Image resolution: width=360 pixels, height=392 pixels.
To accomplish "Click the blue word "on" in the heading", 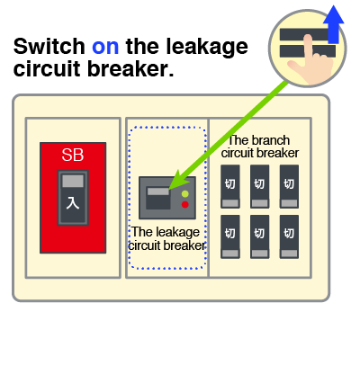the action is click(105, 47).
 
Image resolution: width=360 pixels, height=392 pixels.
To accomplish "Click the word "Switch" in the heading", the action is click(49, 46).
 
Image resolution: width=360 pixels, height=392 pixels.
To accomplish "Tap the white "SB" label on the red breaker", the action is click(73, 155).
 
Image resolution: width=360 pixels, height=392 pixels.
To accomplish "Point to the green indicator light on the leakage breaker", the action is click(185, 194).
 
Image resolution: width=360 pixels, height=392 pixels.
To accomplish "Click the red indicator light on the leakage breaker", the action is click(185, 205).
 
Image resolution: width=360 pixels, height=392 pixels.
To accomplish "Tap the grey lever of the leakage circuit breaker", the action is click(158, 192).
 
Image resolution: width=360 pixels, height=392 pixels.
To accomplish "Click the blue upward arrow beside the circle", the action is click(334, 24).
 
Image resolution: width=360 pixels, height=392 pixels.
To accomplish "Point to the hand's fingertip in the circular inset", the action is click(308, 38).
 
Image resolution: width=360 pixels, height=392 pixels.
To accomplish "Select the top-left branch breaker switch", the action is click(230, 186).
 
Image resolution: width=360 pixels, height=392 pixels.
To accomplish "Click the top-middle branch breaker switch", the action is click(260, 186).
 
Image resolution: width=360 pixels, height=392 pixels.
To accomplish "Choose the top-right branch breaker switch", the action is click(289, 186).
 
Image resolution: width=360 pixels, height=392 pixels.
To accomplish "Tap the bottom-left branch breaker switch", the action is click(230, 236).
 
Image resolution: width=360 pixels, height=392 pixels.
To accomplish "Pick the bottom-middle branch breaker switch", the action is click(260, 236).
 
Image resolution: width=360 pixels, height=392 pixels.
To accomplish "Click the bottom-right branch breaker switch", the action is click(289, 236).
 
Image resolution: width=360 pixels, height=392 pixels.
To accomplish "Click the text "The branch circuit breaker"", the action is click(260, 147).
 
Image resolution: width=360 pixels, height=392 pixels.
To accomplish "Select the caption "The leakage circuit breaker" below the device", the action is click(166, 238).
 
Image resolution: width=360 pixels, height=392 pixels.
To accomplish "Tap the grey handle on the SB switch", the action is click(73, 182).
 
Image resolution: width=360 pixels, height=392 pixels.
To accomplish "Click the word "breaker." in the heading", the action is click(130, 69).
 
